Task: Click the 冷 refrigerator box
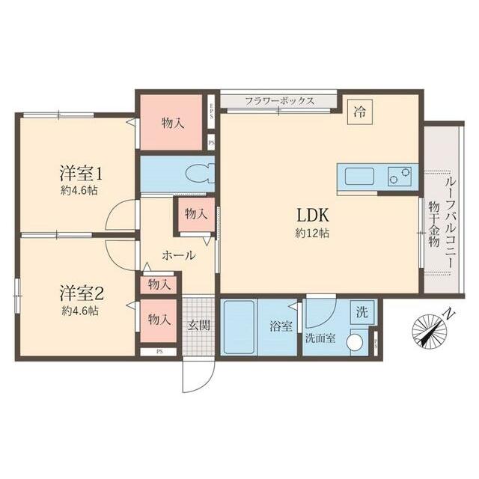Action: pos(360,112)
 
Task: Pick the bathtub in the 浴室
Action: pos(239,327)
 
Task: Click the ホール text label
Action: pos(179,255)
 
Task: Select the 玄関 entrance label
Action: pos(198,326)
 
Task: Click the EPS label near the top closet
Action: pos(212,111)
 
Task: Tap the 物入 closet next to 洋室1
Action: pos(173,122)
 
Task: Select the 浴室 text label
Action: pos(281,326)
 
